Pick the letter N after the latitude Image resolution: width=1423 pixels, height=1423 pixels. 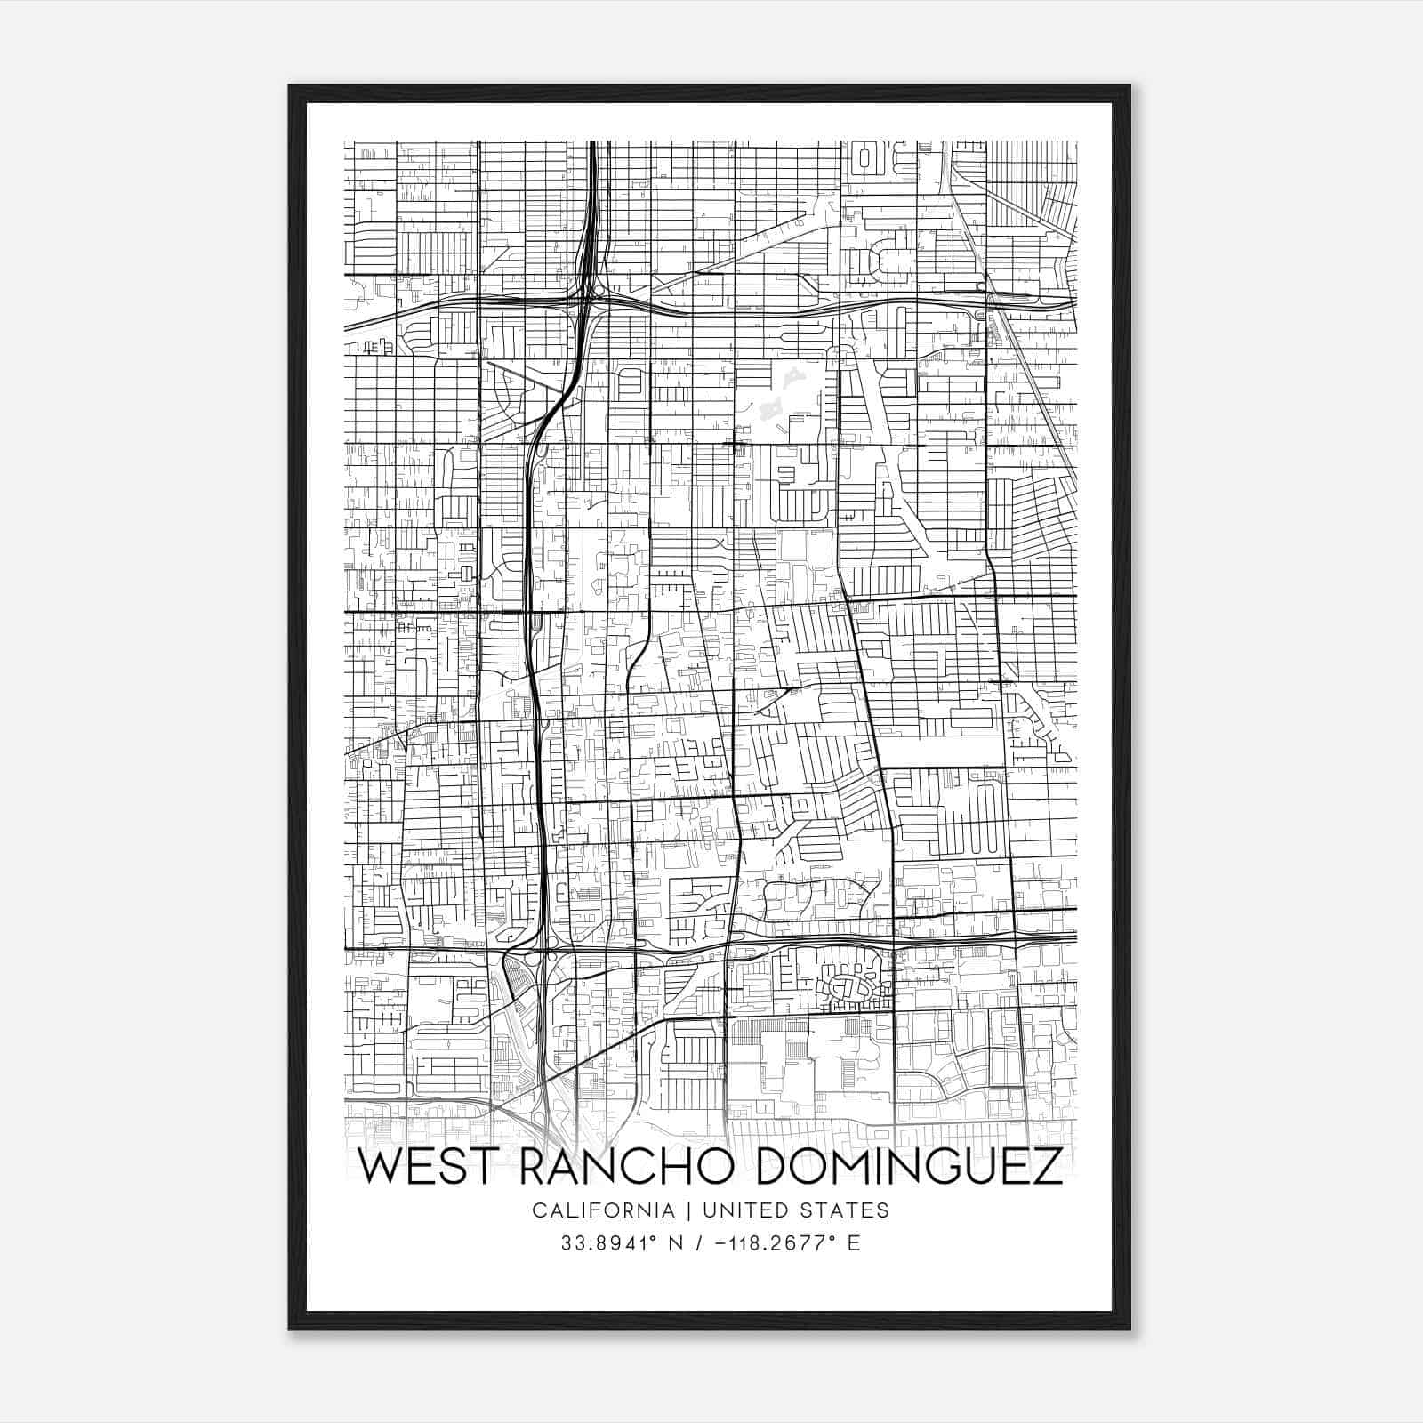pos(675,1242)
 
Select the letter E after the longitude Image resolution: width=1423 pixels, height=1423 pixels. pos(854,1242)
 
